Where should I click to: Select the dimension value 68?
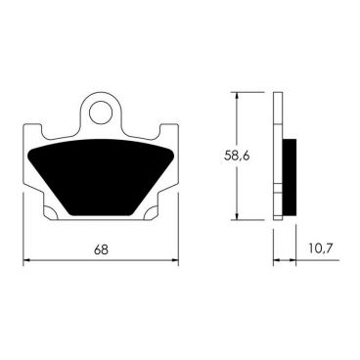[102, 250]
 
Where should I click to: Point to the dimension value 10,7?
[319, 250]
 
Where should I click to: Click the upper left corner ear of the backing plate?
[29, 130]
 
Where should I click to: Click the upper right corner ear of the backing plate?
[174, 130]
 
